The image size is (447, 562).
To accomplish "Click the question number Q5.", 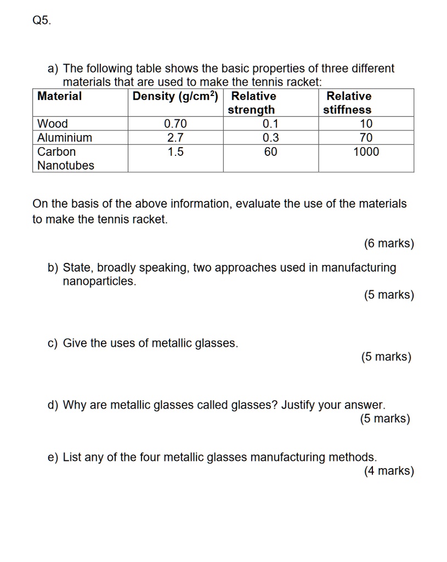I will [41, 21].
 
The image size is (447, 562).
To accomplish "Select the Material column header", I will [59, 97].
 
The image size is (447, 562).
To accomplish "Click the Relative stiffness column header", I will [348, 103].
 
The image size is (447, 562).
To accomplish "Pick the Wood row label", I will [53, 123].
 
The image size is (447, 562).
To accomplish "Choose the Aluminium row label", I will [65, 138].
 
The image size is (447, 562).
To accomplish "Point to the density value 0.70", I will [176, 123].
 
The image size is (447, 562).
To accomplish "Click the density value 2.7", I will [176, 138].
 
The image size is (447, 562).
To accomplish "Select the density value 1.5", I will [176, 152].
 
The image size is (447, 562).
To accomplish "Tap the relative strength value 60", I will [270, 152].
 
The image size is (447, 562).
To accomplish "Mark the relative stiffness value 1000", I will [366, 152].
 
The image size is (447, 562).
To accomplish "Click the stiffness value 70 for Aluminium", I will [366, 138].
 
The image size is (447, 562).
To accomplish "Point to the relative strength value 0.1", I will [270, 123].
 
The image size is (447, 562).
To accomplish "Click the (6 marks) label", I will [389, 244].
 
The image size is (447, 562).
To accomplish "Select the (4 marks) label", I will [389, 471].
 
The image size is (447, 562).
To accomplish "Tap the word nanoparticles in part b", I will [99, 282].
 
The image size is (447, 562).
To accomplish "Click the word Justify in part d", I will [301, 406].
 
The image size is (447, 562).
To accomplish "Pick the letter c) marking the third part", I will [53, 344].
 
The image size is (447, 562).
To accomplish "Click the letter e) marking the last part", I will [53, 457].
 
